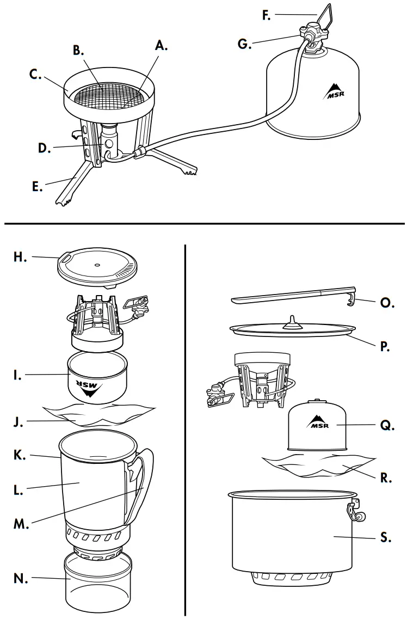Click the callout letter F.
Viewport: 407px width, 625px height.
tap(267, 15)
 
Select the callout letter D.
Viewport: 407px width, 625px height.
tap(44, 148)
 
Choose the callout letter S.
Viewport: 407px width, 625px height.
tap(386, 538)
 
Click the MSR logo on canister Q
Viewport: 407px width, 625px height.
tap(320, 422)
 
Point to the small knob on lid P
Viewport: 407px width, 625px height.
tap(292, 320)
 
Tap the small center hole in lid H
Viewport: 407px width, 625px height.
tap(96, 266)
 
